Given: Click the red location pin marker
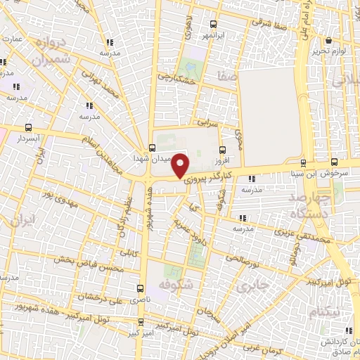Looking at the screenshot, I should pyautogui.click(x=181, y=165).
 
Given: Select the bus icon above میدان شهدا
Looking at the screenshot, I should pyautogui.click(x=153, y=148).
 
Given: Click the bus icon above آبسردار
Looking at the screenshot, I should pyautogui.click(x=28, y=127).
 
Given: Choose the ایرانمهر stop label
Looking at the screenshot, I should pyautogui.click(x=212, y=34).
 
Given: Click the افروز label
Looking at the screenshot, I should pyautogui.click(x=223, y=160).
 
